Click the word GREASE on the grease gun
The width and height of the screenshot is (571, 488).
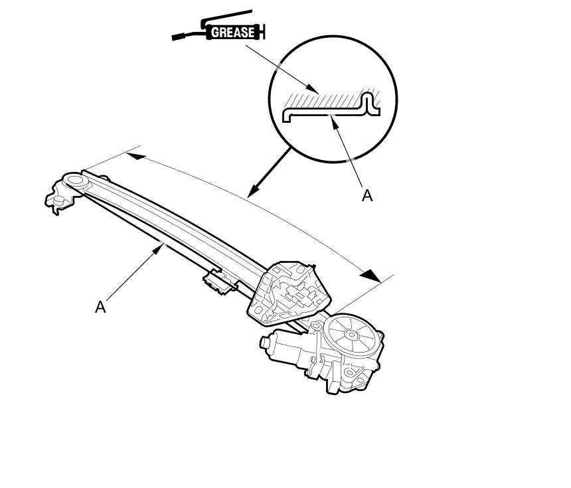tap(232, 32)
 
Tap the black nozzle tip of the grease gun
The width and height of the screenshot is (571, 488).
tap(178, 37)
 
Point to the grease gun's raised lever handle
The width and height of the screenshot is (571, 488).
tap(229, 15)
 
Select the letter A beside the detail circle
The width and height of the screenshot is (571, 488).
tap(367, 195)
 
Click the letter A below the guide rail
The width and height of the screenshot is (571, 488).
tap(100, 307)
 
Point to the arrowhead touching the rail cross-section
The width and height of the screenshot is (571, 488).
tap(337, 121)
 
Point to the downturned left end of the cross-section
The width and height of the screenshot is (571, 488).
tap(285, 117)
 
